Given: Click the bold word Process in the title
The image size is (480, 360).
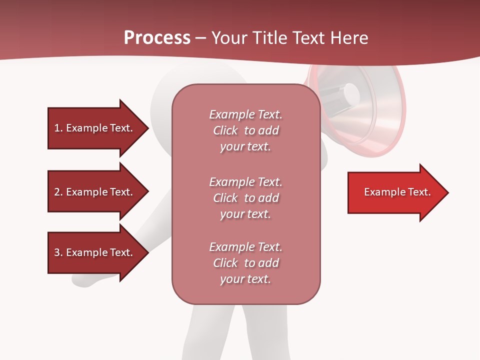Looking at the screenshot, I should coord(157,38).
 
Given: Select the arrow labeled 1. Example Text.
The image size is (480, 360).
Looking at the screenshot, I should coord(95,128).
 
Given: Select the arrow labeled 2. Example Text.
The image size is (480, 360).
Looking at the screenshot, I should coord(95,192).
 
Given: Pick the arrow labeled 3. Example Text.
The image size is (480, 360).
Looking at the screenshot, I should coord(95,252).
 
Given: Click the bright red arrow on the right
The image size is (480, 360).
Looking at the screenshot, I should coord(395,192).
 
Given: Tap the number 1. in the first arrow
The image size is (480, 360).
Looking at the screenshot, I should coord(58,128).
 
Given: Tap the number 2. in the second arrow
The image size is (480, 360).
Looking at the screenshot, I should coord(58,192).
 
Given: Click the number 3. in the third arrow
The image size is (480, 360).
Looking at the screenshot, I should coord(58,252).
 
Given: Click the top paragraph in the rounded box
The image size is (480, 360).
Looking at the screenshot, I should coord(245,130).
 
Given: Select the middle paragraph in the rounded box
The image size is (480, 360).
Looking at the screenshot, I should coord(245,197).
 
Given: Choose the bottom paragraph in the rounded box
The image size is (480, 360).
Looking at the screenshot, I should coord(245,263).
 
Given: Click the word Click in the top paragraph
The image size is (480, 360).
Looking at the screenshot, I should coord(225,130).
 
